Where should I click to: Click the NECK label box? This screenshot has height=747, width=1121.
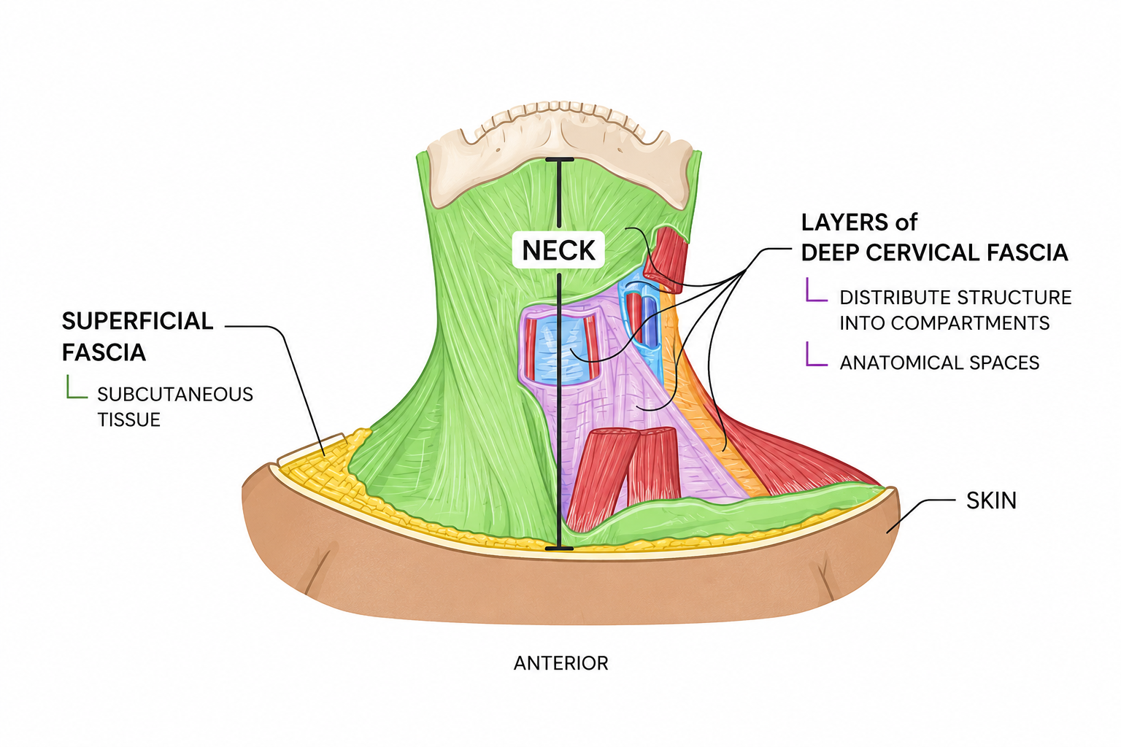coord(558,249)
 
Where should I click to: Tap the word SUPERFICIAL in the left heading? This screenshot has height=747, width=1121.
coord(138,321)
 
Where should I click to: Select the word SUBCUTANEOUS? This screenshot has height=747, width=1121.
coord(175,394)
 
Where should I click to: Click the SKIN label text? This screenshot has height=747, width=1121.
coord(991,500)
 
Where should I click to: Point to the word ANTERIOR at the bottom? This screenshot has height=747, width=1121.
coord(561,663)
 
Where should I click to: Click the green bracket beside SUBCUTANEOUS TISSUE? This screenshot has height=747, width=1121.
coord(75,388)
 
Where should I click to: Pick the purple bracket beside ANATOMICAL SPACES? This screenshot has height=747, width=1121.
coord(814,355)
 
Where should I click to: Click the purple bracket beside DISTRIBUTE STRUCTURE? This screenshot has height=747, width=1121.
coord(814,290)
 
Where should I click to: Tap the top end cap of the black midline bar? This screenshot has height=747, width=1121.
coord(560,160)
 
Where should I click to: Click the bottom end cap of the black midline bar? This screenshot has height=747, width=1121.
coord(558,549)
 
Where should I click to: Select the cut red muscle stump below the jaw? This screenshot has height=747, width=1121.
coord(665,259)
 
